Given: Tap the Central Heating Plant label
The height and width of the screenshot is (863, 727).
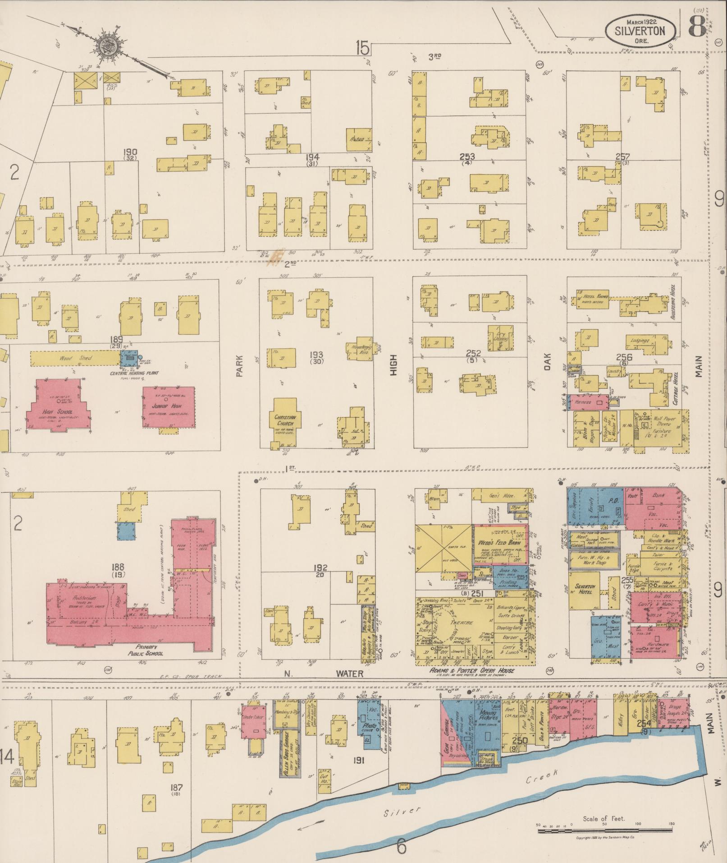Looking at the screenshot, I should point(130,374).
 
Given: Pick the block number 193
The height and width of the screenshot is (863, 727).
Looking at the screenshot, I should point(317,355).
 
